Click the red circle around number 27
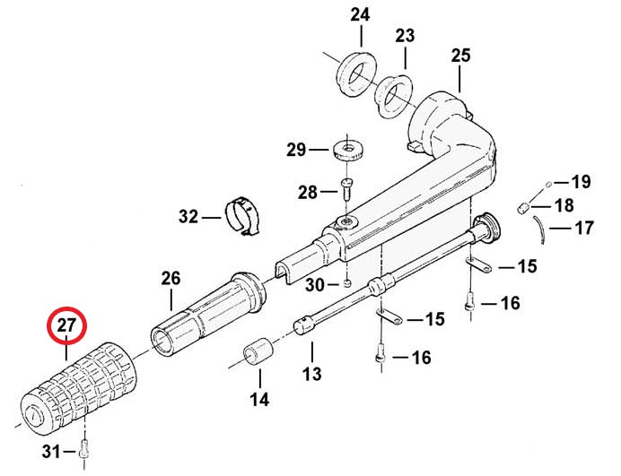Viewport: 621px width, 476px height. pos(66,307)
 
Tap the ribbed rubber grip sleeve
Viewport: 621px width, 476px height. pos(78,389)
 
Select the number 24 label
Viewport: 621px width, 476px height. pos(360,15)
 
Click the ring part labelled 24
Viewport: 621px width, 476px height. pos(355,74)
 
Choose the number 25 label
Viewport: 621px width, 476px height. pos(460,56)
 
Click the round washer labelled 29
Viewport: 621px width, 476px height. pos(348,150)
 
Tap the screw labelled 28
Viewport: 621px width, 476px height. pos(346,190)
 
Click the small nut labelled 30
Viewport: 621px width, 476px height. pos(347,283)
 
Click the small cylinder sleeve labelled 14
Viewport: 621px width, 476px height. pos(258,351)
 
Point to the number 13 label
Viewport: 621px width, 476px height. pos(311,374)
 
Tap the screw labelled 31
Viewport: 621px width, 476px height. pos(84,450)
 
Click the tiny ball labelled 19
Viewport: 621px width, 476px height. pos(548,184)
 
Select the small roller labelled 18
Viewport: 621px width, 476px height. pos(524,207)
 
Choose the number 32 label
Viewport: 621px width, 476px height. pos(188,216)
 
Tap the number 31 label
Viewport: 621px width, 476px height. pos(51,451)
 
